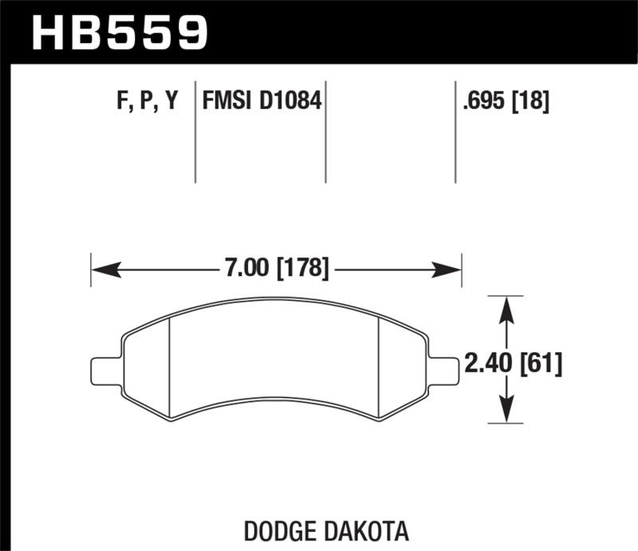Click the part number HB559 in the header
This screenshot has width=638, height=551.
click(119, 33)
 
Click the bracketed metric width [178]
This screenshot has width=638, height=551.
click(301, 269)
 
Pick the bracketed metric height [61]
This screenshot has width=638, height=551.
click(541, 365)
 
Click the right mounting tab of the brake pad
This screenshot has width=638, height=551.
click(444, 371)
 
